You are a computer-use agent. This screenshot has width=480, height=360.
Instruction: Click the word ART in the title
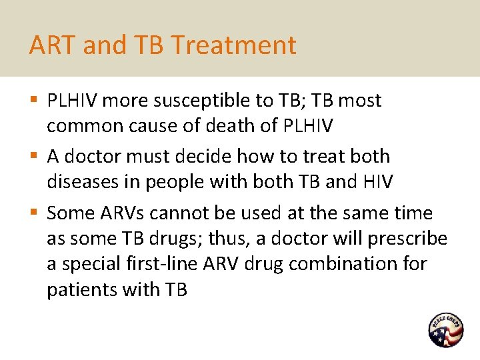point(49,45)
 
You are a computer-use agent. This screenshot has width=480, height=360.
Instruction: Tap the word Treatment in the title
point(233,45)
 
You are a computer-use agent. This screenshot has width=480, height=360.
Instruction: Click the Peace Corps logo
point(445,329)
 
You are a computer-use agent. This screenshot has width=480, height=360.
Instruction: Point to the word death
point(212,126)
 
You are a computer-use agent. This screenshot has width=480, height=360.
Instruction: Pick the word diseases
point(81,182)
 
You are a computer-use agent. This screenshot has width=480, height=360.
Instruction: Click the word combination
point(345,264)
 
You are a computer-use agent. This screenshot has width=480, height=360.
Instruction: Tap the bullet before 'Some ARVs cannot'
point(35,213)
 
